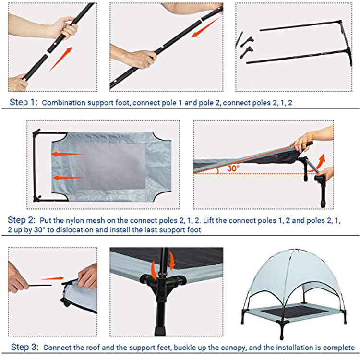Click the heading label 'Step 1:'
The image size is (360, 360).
[x=23, y=102]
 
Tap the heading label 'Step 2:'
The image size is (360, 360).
[x=21, y=220]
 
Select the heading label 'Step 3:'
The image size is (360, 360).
[x=24, y=347]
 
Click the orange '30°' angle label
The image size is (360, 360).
[x=233, y=168]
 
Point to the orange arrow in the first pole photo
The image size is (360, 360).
[x=61, y=59]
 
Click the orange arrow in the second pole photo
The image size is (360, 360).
[x=205, y=27]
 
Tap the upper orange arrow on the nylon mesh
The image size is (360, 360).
[x=68, y=154]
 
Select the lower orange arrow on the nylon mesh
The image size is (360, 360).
[x=69, y=178]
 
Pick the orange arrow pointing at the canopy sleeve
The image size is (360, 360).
[x=52, y=278]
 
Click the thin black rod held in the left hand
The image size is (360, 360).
[x=40, y=286]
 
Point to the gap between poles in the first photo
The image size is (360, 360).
[x=47, y=53]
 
